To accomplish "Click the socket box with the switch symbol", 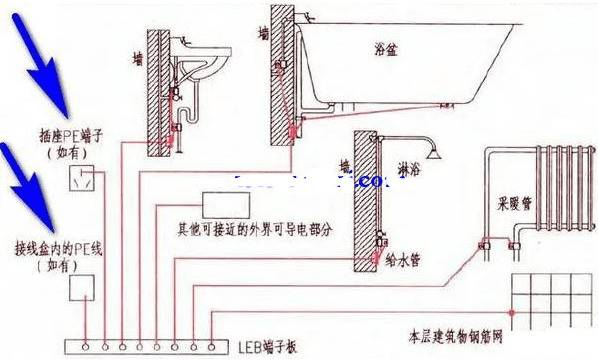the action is point(82,179).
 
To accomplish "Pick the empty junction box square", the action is point(82,288).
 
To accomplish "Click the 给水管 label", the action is point(410,259).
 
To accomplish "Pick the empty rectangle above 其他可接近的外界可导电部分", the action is point(228,205).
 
